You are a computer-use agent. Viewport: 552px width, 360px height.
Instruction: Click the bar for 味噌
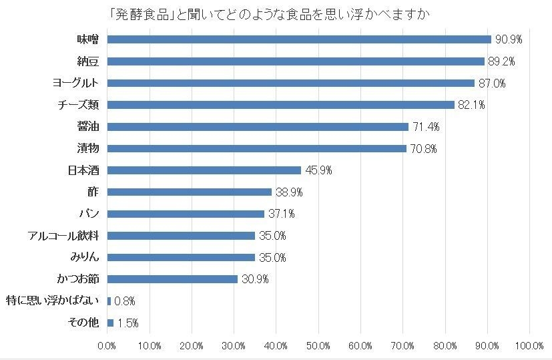298,39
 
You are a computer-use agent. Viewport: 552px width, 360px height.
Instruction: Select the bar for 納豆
295,61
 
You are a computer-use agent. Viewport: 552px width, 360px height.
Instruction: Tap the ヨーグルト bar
290,83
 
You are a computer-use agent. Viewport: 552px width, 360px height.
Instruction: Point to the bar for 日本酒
204,170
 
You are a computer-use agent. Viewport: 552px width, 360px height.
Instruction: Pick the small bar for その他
110,323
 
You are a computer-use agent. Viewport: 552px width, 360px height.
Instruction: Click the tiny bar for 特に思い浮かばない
109,301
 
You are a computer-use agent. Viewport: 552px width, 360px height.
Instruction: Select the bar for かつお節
172,279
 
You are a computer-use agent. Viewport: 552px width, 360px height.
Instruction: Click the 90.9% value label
508,40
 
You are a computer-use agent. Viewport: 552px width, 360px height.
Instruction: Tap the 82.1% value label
471,105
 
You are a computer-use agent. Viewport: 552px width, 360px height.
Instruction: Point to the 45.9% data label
318,170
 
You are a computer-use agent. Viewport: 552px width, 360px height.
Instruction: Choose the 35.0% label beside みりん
272,258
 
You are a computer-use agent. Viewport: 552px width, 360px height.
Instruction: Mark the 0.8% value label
125,301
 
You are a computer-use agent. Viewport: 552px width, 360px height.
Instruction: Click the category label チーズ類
81,105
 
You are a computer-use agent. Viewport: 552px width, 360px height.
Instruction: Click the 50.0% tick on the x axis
318,346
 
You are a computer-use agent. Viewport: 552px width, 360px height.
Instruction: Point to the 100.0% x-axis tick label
529,346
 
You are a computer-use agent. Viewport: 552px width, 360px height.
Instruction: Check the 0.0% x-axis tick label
107,346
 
